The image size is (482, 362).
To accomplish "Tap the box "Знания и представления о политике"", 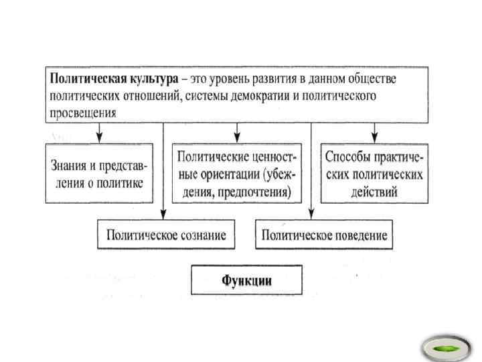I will point(98,173).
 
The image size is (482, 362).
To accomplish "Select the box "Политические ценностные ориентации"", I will point(237,173).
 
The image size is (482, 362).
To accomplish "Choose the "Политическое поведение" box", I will point(325,235).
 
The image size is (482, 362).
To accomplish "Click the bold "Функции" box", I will point(246,280).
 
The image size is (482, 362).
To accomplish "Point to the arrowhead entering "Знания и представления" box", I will point(100,139).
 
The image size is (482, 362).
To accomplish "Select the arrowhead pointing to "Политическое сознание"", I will point(163,215).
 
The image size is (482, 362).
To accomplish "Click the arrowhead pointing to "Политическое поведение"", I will point(310,215).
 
